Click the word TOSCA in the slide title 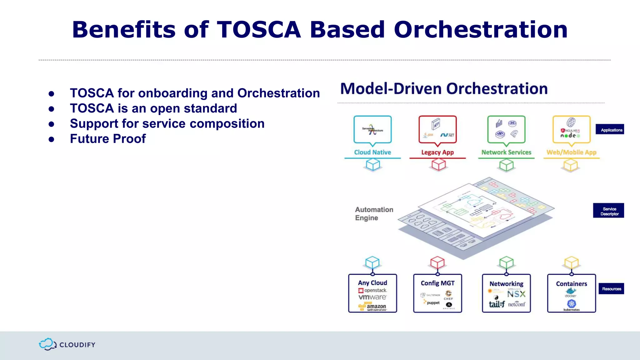pyautogui.click(x=258, y=30)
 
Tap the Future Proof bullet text pyautogui.click(x=107, y=139)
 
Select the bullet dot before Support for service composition pyautogui.click(x=52, y=124)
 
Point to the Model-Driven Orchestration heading pyautogui.click(x=444, y=89)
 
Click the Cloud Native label pyautogui.click(x=372, y=152)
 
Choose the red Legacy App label pyautogui.click(x=437, y=152)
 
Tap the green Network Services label pyautogui.click(x=506, y=152)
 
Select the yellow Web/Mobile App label pyautogui.click(x=571, y=152)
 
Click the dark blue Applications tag pyautogui.click(x=610, y=130)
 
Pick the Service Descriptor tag pyautogui.click(x=608, y=211)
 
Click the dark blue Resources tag pyautogui.click(x=611, y=289)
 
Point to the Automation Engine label pyautogui.click(x=374, y=214)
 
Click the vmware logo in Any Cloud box pyautogui.click(x=372, y=297)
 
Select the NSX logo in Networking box pyautogui.click(x=516, y=294)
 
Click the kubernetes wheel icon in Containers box pyautogui.click(x=572, y=303)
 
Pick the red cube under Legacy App pyautogui.click(x=438, y=164)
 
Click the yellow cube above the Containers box pyautogui.click(x=572, y=262)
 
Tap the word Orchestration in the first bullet pyautogui.click(x=278, y=93)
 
